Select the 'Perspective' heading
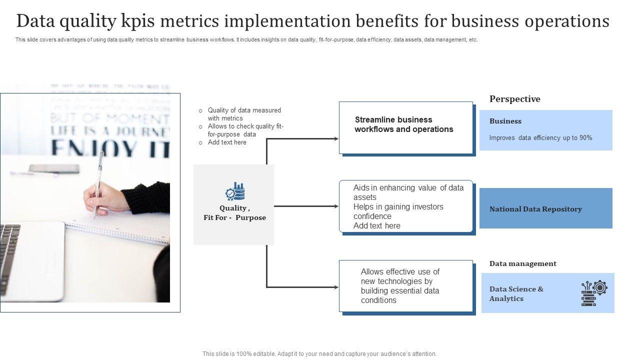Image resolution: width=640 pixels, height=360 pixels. (x=514, y=99)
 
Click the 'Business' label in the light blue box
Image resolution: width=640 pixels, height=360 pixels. (x=505, y=121)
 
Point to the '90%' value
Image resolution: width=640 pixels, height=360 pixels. (x=585, y=138)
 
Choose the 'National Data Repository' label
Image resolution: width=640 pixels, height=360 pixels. (x=535, y=209)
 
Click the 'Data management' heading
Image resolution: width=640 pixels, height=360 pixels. (x=522, y=263)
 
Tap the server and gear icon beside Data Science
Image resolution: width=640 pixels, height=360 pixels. (x=594, y=293)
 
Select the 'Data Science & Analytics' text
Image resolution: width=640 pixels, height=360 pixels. (x=516, y=293)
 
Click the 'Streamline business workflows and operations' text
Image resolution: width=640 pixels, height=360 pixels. (x=404, y=124)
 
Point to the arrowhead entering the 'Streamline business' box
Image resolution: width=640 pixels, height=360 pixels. (x=336, y=138)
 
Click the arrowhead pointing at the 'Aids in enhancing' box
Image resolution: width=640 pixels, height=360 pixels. (x=336, y=206)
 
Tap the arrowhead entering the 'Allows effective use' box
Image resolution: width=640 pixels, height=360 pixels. (x=336, y=287)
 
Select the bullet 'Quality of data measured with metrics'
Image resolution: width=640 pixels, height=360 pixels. (x=244, y=114)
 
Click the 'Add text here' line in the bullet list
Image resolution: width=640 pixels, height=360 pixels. (x=227, y=142)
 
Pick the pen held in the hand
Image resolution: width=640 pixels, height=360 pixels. (x=98, y=180)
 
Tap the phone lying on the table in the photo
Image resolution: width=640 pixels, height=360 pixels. (x=53, y=168)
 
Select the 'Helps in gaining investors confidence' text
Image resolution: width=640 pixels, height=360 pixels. (x=398, y=211)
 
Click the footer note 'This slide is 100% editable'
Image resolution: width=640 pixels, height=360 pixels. (x=319, y=353)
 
